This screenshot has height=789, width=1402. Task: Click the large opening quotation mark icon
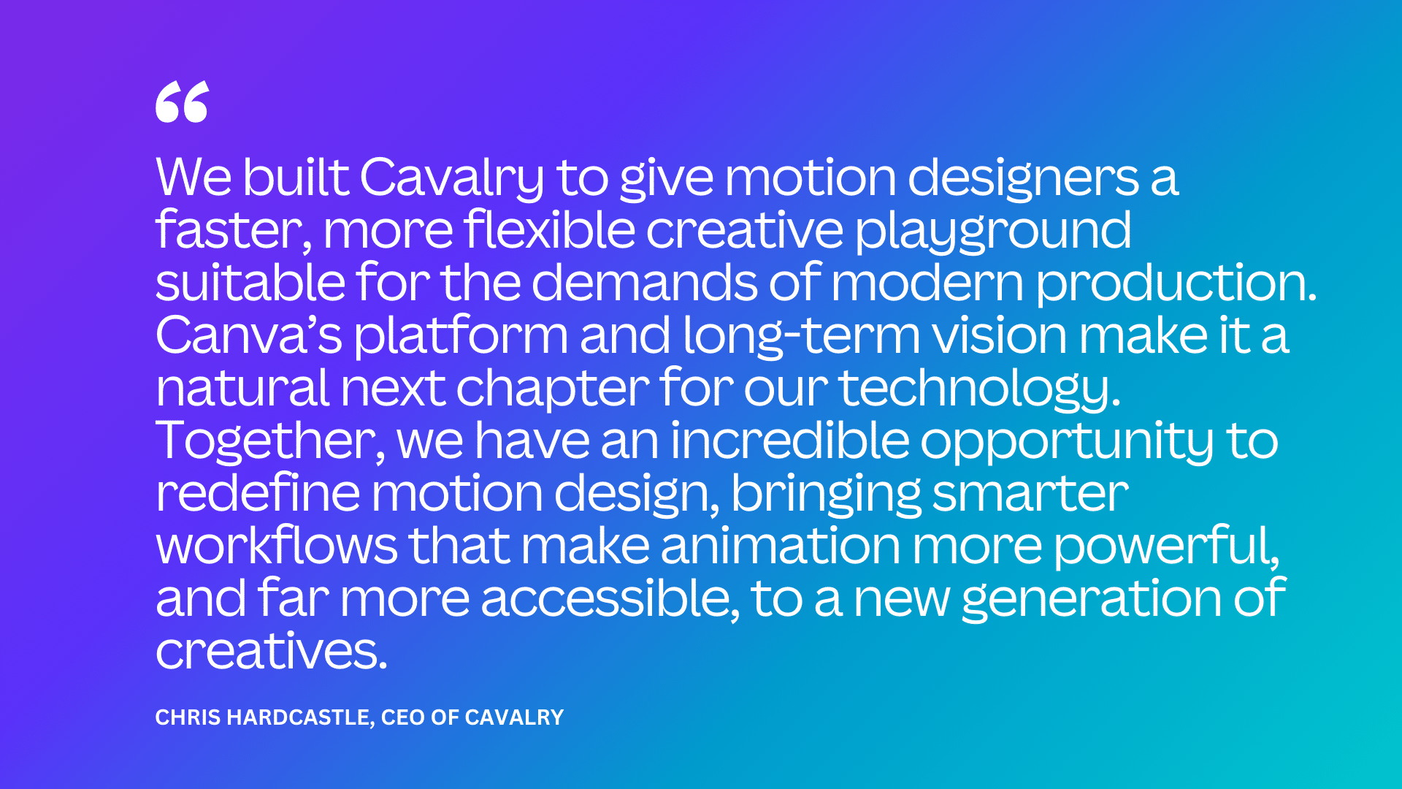182,102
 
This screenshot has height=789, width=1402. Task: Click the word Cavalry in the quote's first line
451,178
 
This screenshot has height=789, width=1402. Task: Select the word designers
1022,178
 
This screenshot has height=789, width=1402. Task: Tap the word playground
993,231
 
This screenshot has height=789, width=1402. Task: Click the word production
1176,283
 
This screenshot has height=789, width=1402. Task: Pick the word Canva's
248,335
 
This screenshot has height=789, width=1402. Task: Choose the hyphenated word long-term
802,335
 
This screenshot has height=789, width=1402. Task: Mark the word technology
978,389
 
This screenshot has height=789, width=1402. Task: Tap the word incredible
789,441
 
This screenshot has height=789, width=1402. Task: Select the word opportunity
1067,441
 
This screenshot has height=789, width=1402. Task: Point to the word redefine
258,493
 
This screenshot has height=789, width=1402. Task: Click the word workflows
277,546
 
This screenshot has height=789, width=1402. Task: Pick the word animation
781,546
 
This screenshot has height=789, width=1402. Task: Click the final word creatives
271,651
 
